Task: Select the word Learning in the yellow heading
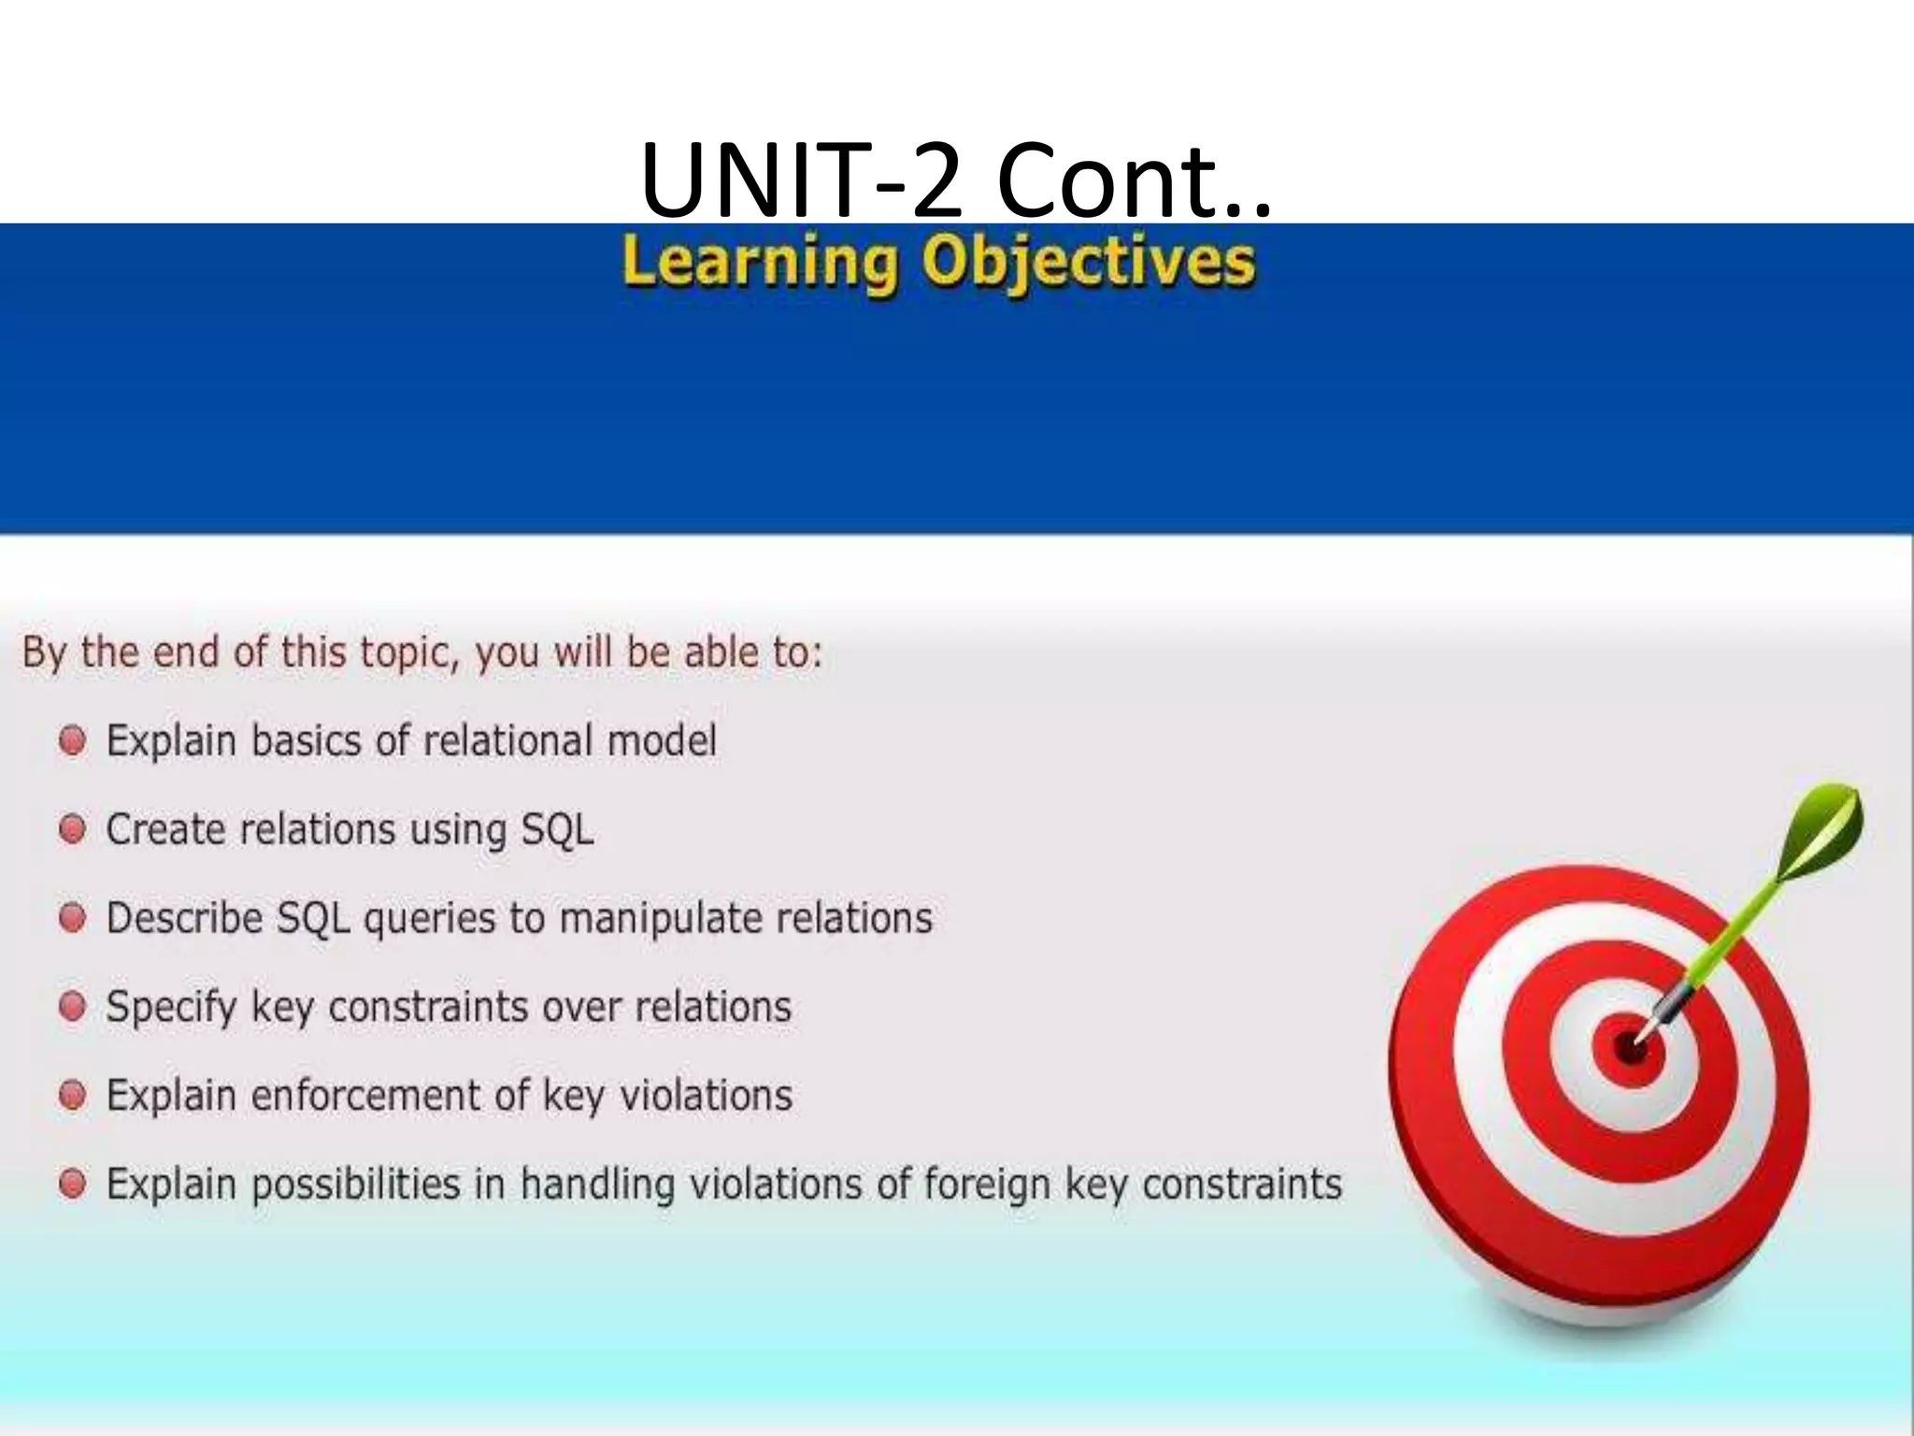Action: (x=758, y=263)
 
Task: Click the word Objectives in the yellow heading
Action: (x=1088, y=263)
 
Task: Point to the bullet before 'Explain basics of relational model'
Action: (x=73, y=741)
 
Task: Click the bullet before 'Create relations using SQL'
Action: (x=73, y=829)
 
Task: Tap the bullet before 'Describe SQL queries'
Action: (x=73, y=918)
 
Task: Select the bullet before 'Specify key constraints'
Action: (x=73, y=1007)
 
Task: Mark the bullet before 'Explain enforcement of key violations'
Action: (x=73, y=1096)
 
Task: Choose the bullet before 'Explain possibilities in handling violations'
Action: (x=73, y=1185)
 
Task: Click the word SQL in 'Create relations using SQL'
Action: (x=557, y=830)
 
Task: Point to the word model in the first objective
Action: (x=662, y=741)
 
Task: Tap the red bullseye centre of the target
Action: (x=1630, y=1047)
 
